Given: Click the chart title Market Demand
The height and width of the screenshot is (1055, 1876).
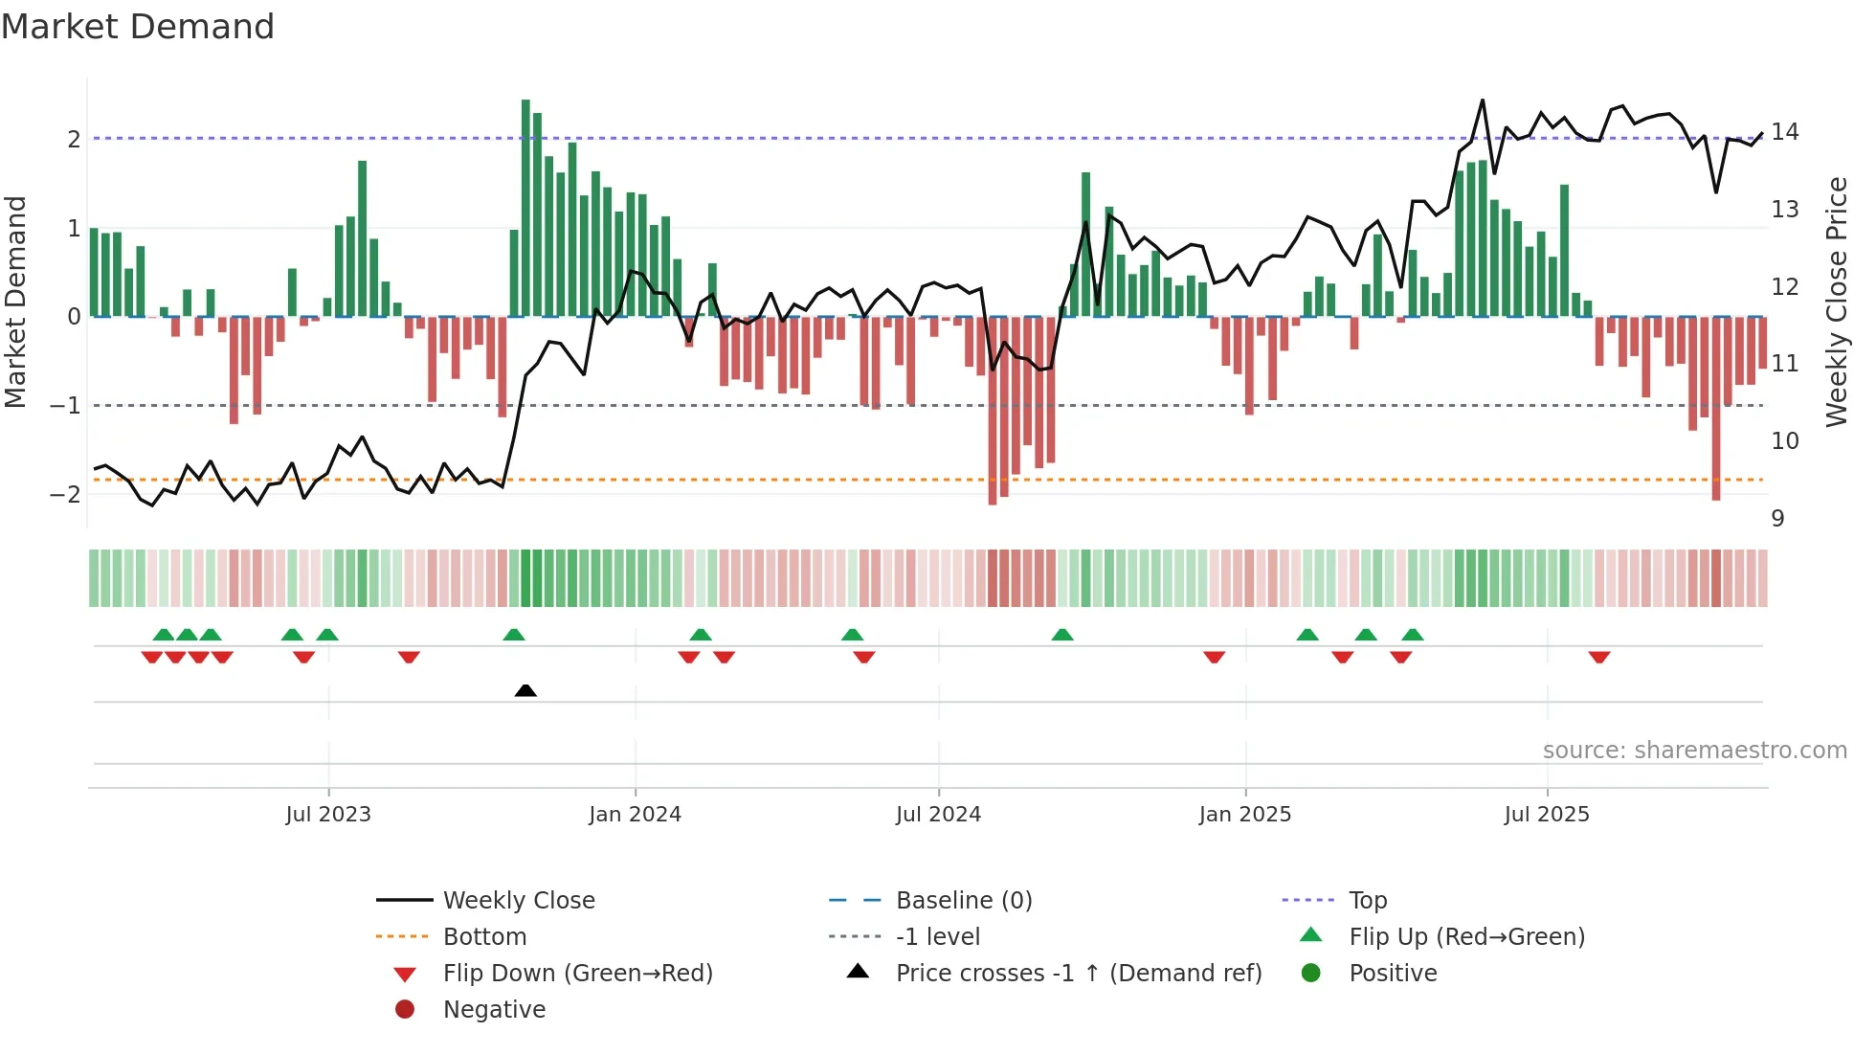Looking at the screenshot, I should click(x=138, y=27).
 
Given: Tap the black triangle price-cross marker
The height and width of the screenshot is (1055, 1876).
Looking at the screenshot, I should click(x=525, y=690).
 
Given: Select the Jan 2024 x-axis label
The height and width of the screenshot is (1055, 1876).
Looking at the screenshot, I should click(x=635, y=815).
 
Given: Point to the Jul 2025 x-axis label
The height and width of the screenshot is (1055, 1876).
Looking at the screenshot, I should click(x=1546, y=815).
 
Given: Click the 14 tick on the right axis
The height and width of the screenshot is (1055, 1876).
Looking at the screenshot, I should click(x=1785, y=132).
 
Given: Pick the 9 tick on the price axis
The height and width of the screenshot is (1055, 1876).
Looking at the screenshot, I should click(x=1777, y=519).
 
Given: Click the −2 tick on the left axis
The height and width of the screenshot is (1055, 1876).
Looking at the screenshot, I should click(x=65, y=495).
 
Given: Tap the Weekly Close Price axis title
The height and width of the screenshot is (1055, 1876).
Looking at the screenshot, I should click(x=1836, y=302).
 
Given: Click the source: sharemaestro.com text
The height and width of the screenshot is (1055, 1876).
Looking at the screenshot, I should click(x=1694, y=751).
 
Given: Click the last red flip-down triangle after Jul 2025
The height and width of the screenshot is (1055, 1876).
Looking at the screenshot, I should click(x=1598, y=657).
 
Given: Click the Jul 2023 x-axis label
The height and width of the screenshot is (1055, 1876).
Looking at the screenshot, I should click(x=327, y=815).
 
